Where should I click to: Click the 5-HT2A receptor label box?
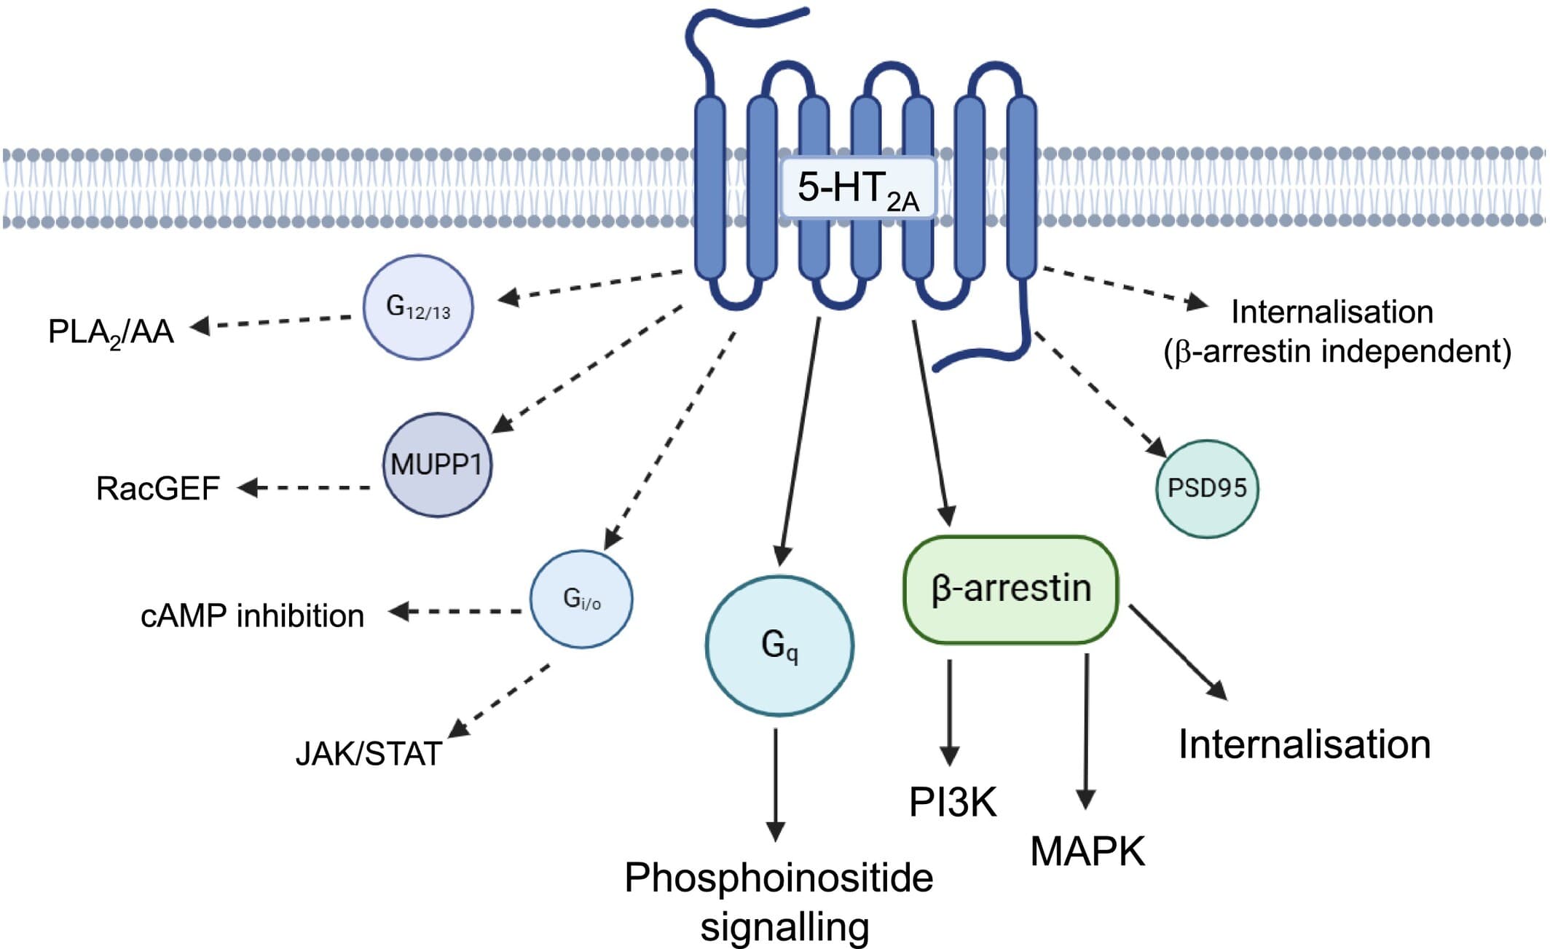857,187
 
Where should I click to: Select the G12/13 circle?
418,307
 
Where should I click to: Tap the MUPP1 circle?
437,465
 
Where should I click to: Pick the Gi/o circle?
581,599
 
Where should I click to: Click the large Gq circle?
779,645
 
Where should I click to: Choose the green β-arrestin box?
1010,589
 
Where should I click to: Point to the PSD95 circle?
1207,488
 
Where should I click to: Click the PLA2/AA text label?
111,332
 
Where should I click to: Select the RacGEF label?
157,489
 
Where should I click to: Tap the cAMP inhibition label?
252,616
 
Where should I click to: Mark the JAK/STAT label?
369,754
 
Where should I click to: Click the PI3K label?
952,802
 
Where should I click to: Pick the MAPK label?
1087,851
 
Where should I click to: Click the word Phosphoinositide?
779,878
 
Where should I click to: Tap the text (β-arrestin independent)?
1337,352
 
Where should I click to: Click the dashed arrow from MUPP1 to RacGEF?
306,487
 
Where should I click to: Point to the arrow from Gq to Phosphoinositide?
776,783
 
